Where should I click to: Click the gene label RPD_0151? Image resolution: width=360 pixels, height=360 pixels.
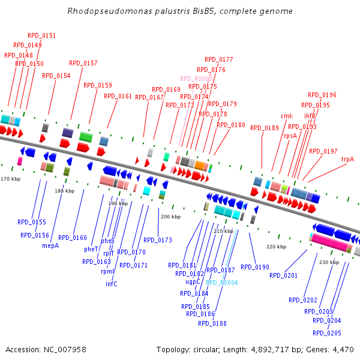tap(42, 36)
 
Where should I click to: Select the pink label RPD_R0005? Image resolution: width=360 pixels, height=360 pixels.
tap(196, 79)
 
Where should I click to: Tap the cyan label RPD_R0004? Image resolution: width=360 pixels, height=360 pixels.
tap(222, 283)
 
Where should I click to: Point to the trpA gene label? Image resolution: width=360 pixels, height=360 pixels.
tap(347, 159)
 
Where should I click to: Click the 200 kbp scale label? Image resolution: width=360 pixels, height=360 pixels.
tap(171, 217)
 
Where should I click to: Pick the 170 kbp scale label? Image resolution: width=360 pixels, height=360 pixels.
tap(10, 179)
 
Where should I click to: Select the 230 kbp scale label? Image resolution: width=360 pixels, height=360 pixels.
tap(329, 262)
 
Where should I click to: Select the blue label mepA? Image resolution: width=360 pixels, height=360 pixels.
tap(50, 245)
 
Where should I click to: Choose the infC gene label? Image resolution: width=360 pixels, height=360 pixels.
tap(112, 284)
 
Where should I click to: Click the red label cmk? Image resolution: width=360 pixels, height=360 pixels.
tap(287, 116)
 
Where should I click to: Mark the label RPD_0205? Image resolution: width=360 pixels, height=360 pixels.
tap(327, 333)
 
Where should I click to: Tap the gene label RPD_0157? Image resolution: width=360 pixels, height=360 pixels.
tap(83, 63)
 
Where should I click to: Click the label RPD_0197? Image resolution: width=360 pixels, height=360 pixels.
tap(323, 152)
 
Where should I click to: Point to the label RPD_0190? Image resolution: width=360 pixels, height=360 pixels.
tap(255, 267)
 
